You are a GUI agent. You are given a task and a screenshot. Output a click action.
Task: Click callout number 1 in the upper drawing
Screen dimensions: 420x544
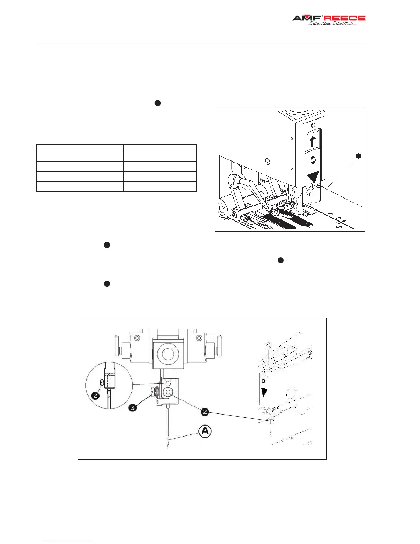[x=358, y=156]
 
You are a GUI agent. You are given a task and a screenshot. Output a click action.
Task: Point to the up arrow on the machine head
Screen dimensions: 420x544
[x=312, y=141]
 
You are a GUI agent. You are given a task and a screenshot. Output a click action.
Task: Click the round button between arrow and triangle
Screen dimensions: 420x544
[x=312, y=160]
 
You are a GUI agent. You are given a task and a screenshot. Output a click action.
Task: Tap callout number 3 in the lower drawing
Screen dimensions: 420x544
[x=132, y=408]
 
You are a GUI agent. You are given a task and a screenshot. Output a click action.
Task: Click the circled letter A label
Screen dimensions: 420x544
[x=205, y=431]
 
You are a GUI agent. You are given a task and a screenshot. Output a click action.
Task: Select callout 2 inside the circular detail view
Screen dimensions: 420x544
[x=95, y=396]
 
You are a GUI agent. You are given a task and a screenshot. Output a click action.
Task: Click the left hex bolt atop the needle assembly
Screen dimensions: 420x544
[x=137, y=338]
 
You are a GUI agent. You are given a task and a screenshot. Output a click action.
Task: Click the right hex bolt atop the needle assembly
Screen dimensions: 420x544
[x=199, y=338]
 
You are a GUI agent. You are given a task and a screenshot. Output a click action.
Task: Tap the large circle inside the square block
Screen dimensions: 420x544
[x=167, y=354]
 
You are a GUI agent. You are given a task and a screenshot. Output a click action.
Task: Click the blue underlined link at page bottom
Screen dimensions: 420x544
[x=68, y=541]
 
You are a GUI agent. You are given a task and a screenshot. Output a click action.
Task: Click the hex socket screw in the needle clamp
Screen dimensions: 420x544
[x=168, y=393]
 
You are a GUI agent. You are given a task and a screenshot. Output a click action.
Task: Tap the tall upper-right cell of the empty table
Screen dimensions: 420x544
[x=160, y=153]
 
